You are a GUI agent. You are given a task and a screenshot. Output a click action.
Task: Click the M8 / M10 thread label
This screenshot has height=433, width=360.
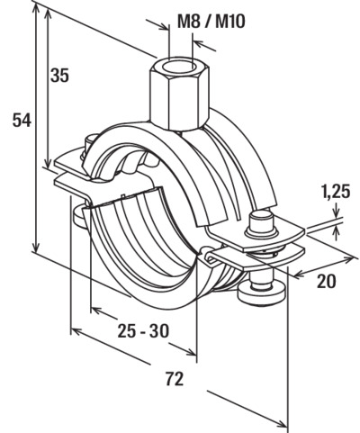[211, 22]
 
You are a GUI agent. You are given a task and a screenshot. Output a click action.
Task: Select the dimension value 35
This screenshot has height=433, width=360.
[59, 75]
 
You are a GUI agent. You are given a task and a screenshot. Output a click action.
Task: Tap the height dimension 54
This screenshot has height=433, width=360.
[22, 121]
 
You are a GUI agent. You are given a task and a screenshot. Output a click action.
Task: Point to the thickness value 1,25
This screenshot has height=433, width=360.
[336, 192]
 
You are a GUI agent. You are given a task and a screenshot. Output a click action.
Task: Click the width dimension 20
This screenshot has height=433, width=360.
[327, 281]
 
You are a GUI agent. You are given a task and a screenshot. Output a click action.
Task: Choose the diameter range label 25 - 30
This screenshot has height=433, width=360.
[143, 331]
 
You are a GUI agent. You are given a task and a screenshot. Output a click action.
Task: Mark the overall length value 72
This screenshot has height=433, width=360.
[175, 379]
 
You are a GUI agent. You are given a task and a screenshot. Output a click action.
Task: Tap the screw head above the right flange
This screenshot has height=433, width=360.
[260, 222]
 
